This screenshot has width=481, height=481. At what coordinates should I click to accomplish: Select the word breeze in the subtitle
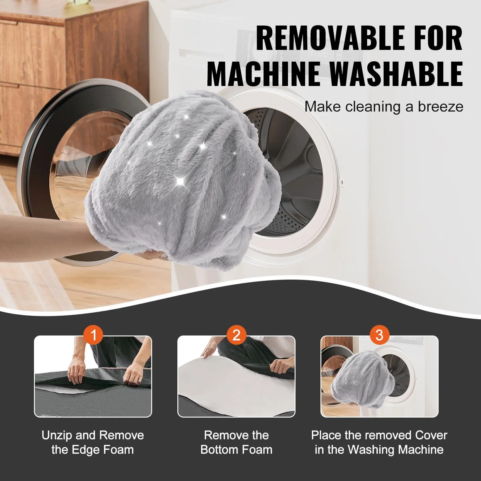440,107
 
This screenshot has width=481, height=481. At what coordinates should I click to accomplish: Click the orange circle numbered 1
93,335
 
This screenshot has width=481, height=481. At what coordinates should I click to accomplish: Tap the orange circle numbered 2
236,335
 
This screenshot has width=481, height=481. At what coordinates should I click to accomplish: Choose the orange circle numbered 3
379,335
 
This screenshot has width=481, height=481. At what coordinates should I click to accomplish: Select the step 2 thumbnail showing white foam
236,377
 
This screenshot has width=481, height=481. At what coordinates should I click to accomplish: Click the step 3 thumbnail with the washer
379,377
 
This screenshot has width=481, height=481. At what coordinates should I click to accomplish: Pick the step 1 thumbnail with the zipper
93,377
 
